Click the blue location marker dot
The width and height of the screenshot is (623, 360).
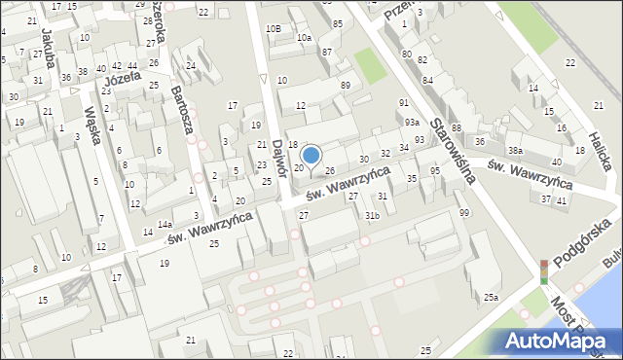tap(311, 154)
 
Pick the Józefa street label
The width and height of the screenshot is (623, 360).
tap(123, 76)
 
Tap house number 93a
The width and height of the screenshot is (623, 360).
tap(413, 122)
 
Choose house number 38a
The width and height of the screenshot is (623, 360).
tap(514, 151)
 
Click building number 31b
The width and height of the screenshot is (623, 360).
tap(372, 215)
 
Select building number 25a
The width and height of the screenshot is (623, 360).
tap(492, 297)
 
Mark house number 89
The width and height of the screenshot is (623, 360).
tap(345, 86)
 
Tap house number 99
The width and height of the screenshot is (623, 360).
tap(463, 212)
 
